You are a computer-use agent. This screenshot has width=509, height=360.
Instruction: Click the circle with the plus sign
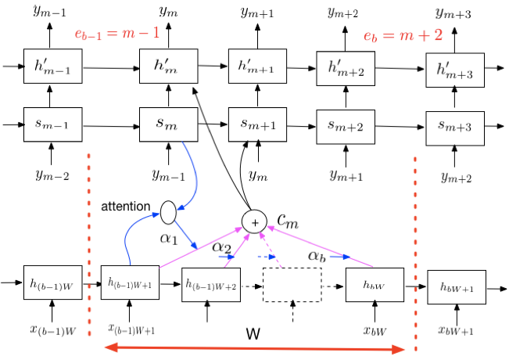point(255,222)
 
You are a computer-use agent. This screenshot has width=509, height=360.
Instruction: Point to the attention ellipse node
point(169,210)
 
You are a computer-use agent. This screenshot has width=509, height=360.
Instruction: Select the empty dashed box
point(292,285)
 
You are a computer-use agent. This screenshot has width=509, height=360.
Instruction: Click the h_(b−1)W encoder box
point(52,283)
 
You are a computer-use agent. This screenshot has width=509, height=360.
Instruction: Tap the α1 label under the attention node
point(170,236)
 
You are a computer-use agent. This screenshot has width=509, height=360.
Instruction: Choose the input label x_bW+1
point(456,330)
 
